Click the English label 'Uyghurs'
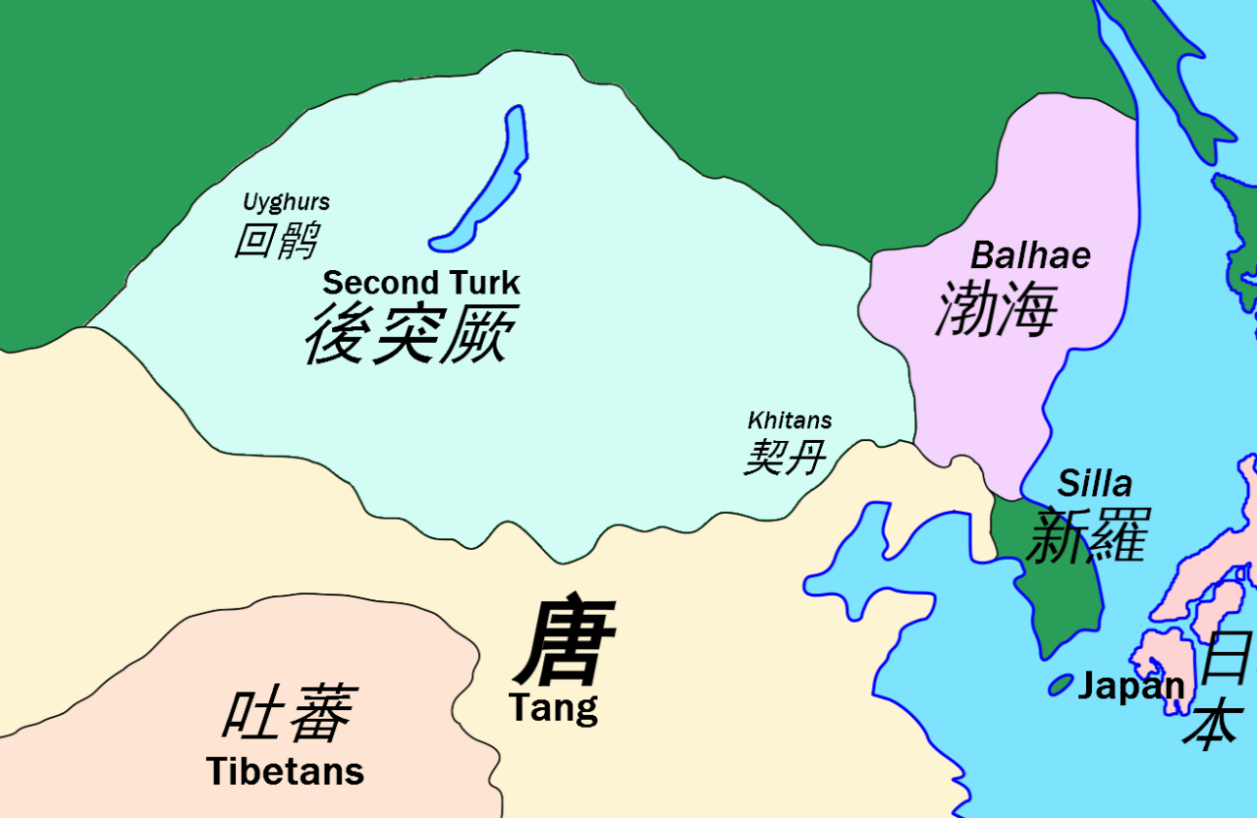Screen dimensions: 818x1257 point(286,202)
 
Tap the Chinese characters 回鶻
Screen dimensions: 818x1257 point(276,240)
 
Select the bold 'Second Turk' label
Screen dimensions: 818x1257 point(421,283)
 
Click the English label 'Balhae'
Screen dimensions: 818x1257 point(1030,255)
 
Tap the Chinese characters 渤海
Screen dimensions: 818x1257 point(996,307)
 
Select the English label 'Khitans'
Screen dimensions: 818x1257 point(790,420)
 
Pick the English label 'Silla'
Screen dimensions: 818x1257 point(1094,483)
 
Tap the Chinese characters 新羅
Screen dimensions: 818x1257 point(1086,536)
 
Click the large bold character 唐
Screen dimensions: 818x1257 point(566,642)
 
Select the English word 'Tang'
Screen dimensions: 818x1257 point(553,707)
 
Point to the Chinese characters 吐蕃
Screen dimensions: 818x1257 point(288,714)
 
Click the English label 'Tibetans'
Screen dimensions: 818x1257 point(286,772)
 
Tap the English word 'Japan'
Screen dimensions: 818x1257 point(1131,686)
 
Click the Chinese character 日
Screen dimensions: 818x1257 point(1227,656)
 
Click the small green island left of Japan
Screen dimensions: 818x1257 point(1060,684)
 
